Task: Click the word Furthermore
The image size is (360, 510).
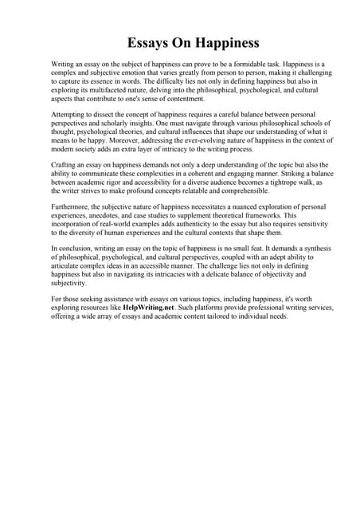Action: (72, 206)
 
